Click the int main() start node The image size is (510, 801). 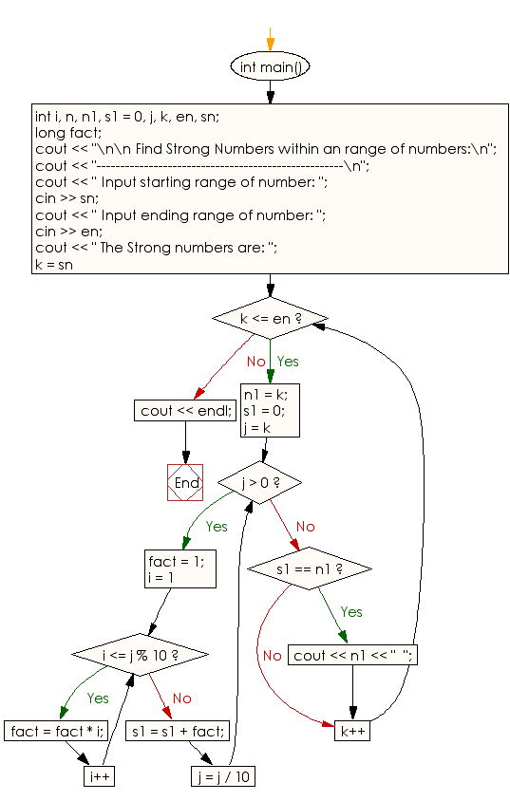coord(271,67)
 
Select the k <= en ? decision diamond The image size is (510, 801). coord(271,318)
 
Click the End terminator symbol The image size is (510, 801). coord(186,483)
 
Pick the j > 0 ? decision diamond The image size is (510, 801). coord(259,482)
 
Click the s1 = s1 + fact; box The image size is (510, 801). coord(178,731)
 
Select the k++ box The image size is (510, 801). coord(352,731)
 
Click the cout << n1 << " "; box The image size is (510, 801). coord(353,656)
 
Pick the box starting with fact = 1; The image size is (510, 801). coord(176,568)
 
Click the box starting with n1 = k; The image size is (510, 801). coord(270,410)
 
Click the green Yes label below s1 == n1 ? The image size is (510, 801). coord(350,612)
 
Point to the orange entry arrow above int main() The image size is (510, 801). coord(271,38)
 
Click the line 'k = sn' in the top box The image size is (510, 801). coord(54,264)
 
